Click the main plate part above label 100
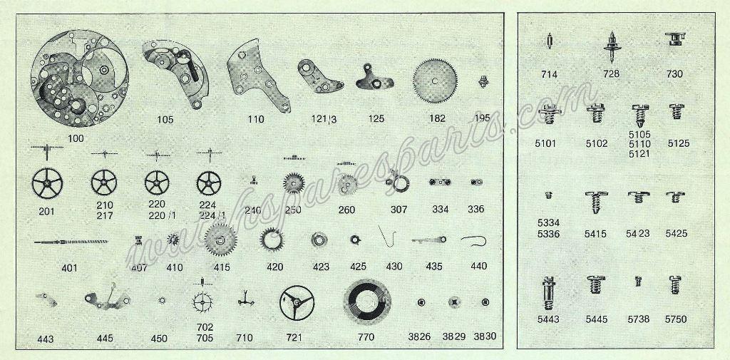80,78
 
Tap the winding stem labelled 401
71,242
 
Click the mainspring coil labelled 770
367,302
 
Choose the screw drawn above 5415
596,202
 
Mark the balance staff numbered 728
612,47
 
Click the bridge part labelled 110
259,75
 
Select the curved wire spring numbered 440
474,240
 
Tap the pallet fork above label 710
245,299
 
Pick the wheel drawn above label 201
47,183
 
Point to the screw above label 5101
550,113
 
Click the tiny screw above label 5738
638,281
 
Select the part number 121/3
324,119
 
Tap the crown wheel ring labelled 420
272,240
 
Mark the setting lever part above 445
107,298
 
